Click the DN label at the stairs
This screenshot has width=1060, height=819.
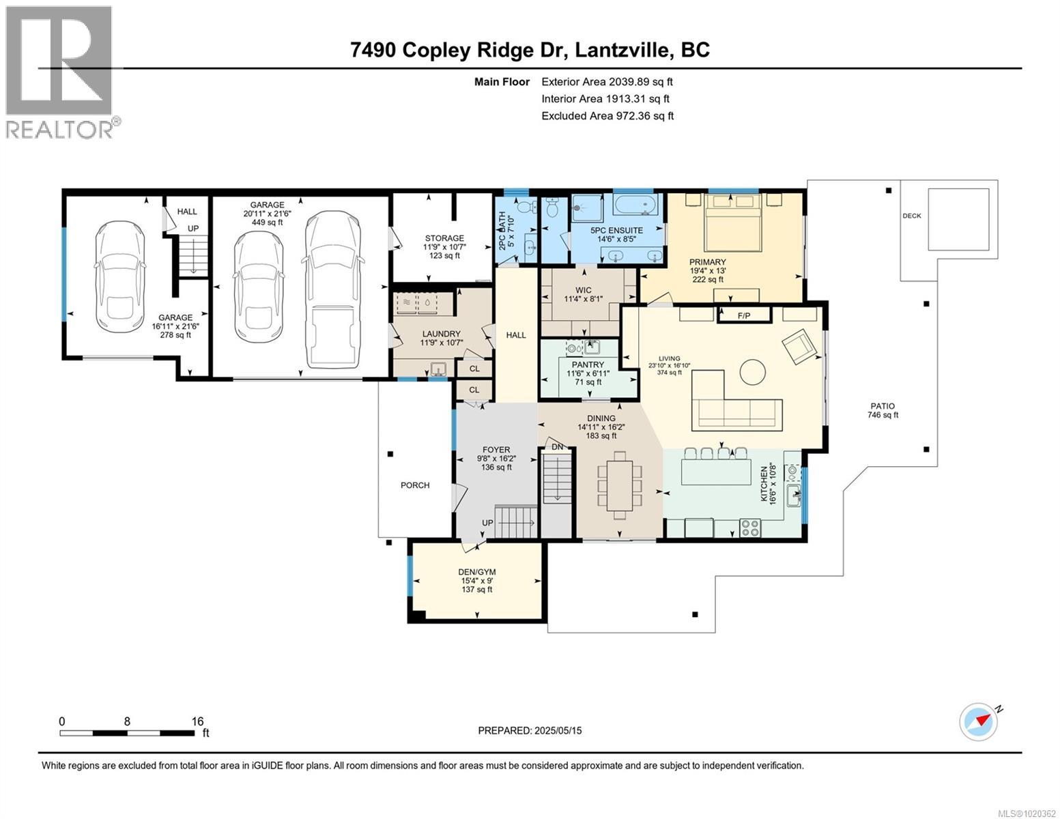pyautogui.click(x=557, y=447)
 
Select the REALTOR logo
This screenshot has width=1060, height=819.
pyautogui.click(x=61, y=72)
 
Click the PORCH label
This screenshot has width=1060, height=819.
pyautogui.click(x=415, y=485)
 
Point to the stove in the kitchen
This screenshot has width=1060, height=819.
pyautogui.click(x=750, y=528)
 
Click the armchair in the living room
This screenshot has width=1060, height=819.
pyautogui.click(x=799, y=345)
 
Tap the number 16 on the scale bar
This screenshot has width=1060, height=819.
pyautogui.click(x=197, y=721)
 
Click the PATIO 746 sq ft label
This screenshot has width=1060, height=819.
pyautogui.click(x=882, y=410)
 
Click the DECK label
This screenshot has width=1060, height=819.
pyautogui.click(x=911, y=216)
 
